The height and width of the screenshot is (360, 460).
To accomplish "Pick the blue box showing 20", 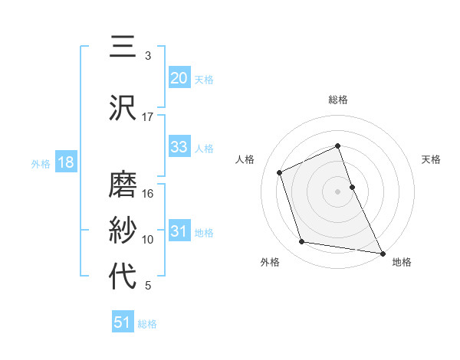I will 179,77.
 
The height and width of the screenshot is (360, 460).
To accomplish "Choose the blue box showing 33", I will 179,147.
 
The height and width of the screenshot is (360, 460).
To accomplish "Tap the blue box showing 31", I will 179,231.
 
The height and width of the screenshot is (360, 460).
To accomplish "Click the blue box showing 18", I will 64,162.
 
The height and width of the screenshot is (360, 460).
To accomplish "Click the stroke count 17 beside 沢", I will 147,117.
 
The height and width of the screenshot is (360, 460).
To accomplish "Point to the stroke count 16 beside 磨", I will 147,194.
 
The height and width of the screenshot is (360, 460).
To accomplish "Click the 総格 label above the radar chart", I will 338,100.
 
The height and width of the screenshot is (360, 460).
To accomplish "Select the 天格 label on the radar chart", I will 432,159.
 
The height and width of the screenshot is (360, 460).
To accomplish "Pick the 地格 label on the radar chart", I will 402,262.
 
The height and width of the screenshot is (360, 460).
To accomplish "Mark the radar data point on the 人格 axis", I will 281,172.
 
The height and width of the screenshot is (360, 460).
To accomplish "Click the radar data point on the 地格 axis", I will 382,251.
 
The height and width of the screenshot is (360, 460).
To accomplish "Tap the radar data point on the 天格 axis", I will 352,186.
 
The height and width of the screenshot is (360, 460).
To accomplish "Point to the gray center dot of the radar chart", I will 338,191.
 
